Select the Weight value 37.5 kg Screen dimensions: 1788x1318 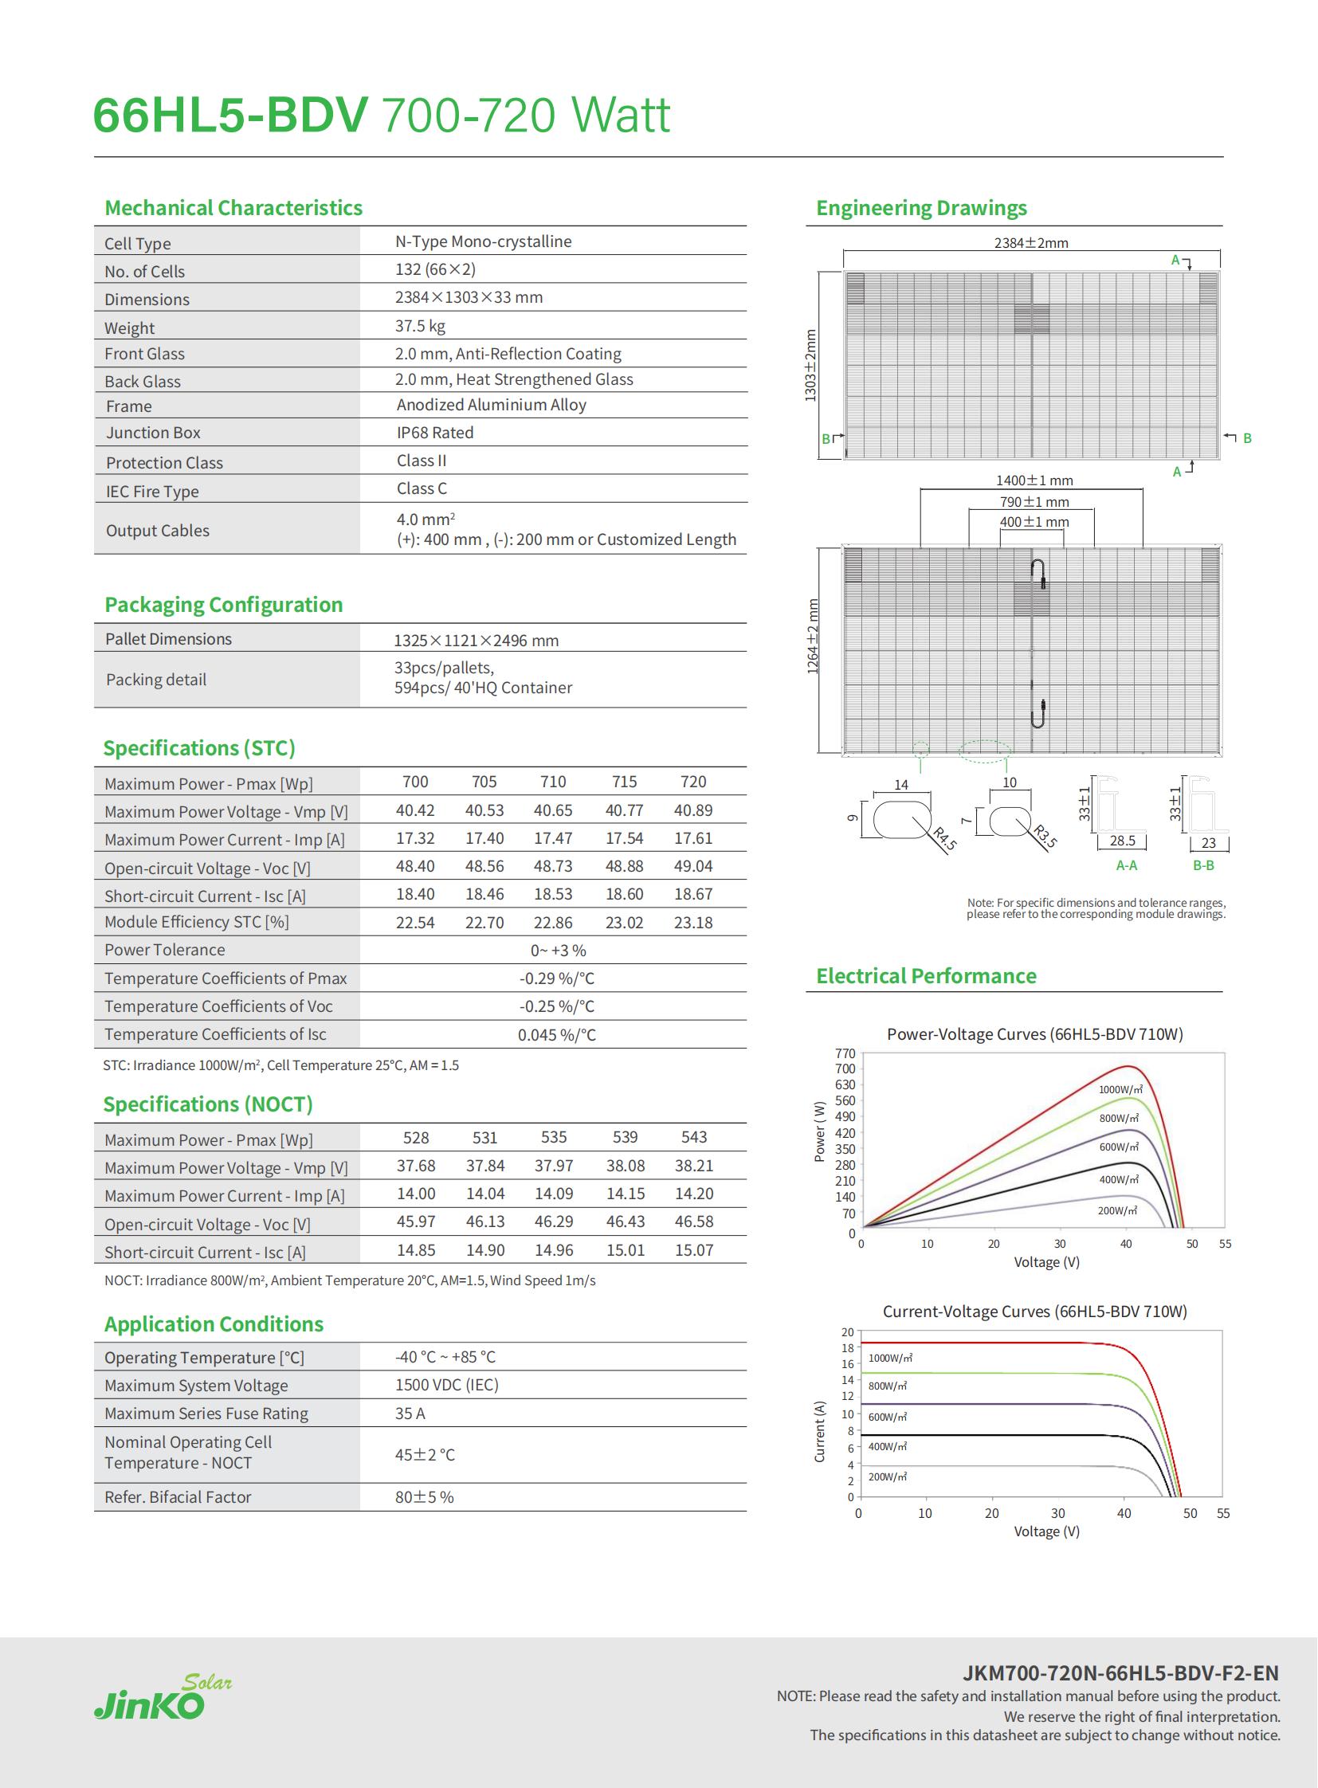point(421,326)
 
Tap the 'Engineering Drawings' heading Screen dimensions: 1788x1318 point(920,208)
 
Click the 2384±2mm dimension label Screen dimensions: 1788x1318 point(1031,242)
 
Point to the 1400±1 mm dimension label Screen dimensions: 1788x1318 point(1034,480)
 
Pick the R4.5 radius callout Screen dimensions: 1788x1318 point(944,839)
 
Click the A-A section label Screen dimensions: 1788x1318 point(1127,865)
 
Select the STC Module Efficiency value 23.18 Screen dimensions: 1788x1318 point(693,923)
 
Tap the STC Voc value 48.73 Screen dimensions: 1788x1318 point(553,866)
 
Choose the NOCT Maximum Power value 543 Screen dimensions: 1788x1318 point(694,1137)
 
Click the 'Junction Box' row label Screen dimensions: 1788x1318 point(153,433)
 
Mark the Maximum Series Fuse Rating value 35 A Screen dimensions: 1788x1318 point(410,1413)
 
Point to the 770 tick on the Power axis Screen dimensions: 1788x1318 point(845,1053)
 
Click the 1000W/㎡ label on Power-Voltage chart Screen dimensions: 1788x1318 point(1120,1089)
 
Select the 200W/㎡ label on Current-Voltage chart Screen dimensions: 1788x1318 point(887,1476)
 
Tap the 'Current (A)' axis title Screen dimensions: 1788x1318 point(819,1431)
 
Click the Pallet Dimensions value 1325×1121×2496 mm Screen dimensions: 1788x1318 point(477,641)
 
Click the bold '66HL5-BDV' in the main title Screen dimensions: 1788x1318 point(230,115)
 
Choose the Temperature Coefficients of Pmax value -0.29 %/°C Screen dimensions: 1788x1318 point(557,978)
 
